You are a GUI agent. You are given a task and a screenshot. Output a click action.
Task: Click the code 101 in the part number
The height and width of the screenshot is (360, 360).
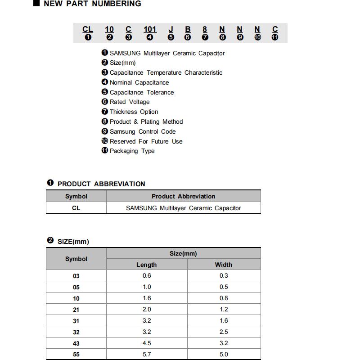[x=150, y=30]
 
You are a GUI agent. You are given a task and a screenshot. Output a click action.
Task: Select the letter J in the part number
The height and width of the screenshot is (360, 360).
[x=171, y=30]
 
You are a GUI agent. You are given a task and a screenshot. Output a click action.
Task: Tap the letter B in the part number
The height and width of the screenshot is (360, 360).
[x=188, y=30]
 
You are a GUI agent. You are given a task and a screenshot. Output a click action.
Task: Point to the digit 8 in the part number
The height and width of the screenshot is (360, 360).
[x=205, y=30]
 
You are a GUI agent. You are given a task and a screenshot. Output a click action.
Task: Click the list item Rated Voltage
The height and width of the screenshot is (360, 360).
[x=129, y=102]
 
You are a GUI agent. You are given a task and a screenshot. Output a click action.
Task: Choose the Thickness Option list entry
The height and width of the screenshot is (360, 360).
[x=134, y=112]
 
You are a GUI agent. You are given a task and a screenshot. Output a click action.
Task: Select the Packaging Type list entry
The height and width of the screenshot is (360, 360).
[x=132, y=151]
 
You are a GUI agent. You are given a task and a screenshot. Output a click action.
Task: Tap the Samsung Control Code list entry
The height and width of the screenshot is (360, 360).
[x=142, y=132]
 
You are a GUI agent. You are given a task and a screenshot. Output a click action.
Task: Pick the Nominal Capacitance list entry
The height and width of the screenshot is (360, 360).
[x=139, y=83]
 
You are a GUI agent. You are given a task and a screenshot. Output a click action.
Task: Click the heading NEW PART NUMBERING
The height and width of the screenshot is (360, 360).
[x=92, y=4]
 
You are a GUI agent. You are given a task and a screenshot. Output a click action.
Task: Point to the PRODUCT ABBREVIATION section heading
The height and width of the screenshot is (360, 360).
[x=101, y=184]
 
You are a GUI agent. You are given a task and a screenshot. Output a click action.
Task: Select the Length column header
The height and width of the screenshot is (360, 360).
[x=147, y=265]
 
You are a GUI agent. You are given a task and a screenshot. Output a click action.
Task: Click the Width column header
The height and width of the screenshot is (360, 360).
[x=224, y=265]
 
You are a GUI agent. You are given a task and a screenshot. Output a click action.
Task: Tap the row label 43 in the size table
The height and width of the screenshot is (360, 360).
[x=76, y=343]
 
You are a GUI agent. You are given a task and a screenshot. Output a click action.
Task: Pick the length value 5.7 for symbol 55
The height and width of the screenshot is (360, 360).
[x=147, y=355]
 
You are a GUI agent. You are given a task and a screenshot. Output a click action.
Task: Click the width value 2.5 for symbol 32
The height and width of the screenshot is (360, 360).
[x=224, y=332]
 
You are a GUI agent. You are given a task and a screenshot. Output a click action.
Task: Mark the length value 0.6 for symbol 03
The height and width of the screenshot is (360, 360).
[x=147, y=276]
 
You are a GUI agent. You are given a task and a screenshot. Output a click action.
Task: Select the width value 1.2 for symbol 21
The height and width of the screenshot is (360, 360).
[x=224, y=310]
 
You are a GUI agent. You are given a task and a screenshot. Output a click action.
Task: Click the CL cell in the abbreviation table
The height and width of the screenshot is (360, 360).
[x=76, y=208]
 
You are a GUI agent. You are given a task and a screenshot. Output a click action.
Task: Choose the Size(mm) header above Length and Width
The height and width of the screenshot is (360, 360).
[x=183, y=254]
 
